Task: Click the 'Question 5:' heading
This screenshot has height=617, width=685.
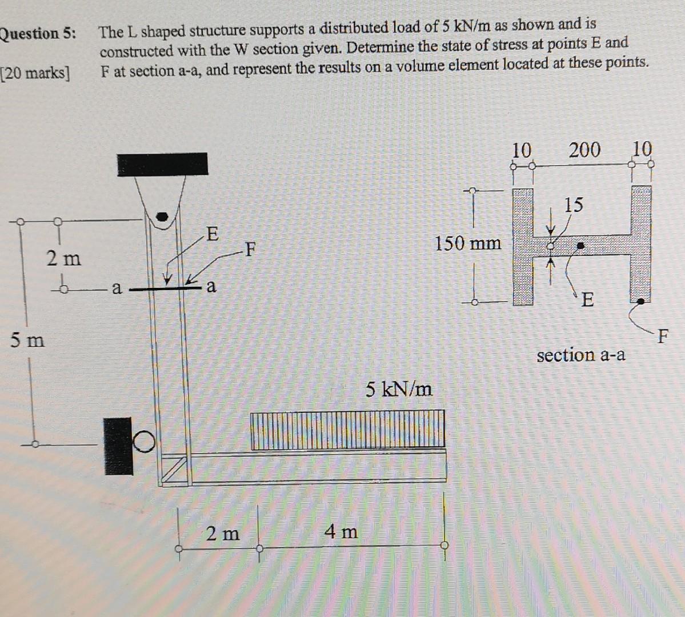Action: point(38,34)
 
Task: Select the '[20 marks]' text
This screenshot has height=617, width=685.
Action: point(35,73)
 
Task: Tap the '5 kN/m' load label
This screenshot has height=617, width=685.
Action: point(399,390)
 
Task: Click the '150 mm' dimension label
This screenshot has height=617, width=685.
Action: point(468,244)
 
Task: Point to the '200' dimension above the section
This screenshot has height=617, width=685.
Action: point(584,150)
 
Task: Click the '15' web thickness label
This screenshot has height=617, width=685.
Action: point(574,204)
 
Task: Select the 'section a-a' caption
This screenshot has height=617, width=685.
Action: point(580,355)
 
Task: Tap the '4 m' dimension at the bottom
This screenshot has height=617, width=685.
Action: point(341,532)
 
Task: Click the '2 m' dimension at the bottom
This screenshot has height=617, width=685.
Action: point(223,534)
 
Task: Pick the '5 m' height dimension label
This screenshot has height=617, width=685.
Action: point(27,340)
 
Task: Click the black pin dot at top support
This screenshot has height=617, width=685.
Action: point(163,217)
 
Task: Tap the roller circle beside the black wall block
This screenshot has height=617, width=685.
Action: point(145,441)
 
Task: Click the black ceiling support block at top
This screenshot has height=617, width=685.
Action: point(162,164)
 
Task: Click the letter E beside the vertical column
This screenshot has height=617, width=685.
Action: point(211,234)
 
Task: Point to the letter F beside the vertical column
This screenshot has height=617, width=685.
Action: point(249,249)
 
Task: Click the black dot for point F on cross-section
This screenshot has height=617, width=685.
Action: point(641,300)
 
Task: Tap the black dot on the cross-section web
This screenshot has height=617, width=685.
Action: point(580,246)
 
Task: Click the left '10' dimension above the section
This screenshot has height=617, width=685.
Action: point(521,150)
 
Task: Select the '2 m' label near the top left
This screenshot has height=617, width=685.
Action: point(63,259)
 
